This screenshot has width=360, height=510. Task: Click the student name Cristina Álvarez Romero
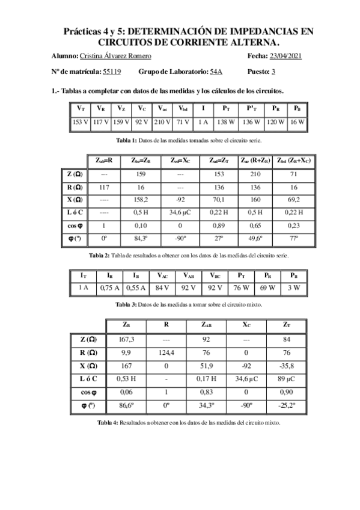point(115,56)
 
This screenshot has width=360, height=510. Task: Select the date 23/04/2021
point(285,56)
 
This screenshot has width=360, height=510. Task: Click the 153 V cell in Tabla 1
point(81,122)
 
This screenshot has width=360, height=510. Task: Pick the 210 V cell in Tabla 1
point(163,122)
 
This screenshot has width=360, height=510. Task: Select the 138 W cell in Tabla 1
point(226,122)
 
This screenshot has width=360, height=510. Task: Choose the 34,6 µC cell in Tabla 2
point(180,212)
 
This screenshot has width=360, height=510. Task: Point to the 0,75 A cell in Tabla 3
point(110,287)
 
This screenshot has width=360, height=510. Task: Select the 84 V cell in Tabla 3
point(162,287)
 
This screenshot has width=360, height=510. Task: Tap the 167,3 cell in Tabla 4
point(127,339)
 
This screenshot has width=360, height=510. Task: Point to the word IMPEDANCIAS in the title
point(263,31)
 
